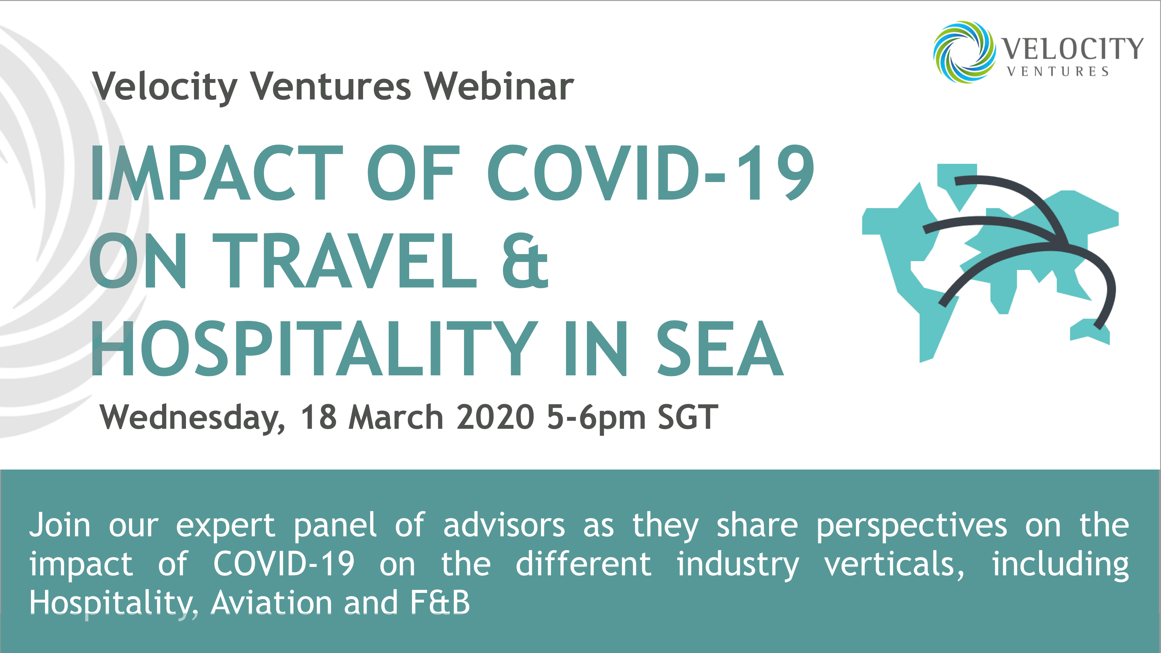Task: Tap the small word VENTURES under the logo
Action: point(1058,72)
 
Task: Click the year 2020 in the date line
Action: point(495,417)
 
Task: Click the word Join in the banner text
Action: point(60,525)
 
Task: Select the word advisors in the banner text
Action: point(504,525)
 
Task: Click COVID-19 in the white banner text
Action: point(284,564)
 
